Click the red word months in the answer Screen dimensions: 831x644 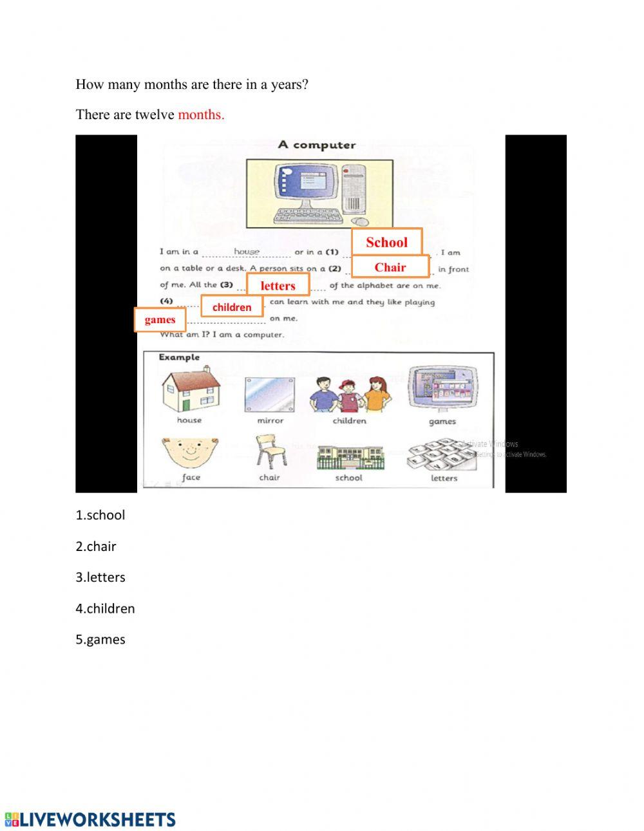201,115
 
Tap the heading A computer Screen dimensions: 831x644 317,145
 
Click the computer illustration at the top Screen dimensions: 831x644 319,194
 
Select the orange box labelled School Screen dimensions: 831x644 386,242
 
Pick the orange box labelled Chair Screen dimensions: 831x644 390,267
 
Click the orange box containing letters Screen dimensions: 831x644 278,285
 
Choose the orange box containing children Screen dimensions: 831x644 232,307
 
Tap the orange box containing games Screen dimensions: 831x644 160,320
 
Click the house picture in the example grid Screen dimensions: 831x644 191,390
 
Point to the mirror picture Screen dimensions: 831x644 270,395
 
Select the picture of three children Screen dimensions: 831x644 349,394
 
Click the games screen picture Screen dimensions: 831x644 443,390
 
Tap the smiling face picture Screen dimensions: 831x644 191,453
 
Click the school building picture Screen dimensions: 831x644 350,456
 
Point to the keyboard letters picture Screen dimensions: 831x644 443,456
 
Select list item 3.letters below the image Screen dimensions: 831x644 100,577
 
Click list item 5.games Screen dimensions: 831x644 100,640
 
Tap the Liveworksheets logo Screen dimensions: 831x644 90,819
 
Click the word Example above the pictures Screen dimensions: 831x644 179,357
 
